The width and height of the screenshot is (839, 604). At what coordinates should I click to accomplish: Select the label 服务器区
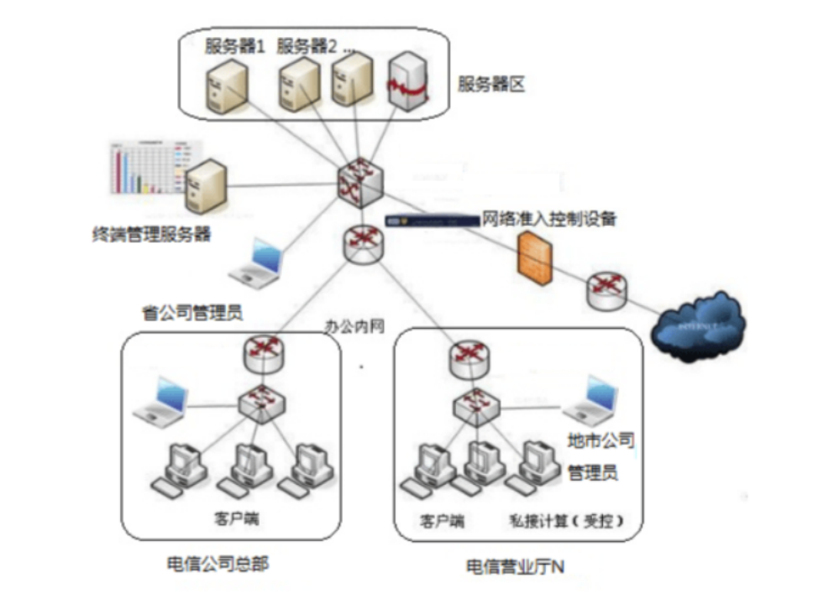click(491, 85)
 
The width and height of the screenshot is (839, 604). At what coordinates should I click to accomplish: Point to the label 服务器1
click(235, 45)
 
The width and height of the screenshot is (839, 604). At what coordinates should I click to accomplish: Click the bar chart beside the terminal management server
click(148, 172)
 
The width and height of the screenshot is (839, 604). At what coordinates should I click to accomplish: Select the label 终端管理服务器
click(150, 235)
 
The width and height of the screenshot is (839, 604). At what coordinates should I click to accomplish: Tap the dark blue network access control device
click(430, 221)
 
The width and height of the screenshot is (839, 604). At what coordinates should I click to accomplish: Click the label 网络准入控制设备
click(549, 219)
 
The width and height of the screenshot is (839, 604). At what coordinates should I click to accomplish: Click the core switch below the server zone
click(359, 181)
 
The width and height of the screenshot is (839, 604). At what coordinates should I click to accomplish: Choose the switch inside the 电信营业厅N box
click(475, 405)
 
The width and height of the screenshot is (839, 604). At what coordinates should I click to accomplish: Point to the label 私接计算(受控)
click(566, 521)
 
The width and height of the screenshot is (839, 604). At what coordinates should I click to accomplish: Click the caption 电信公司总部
click(218, 563)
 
